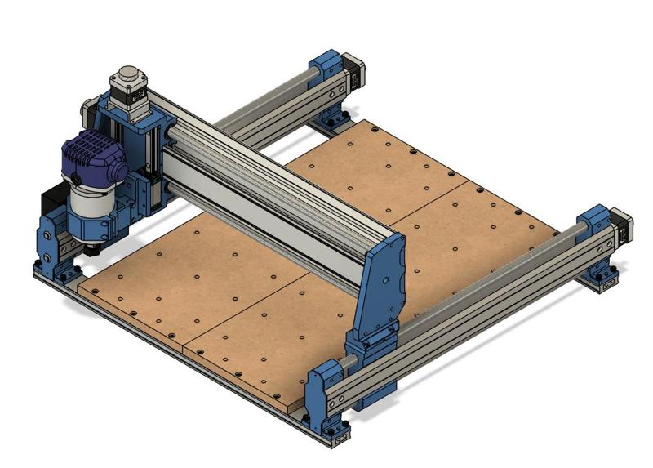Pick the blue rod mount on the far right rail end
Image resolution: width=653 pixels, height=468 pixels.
[x=594, y=230]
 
